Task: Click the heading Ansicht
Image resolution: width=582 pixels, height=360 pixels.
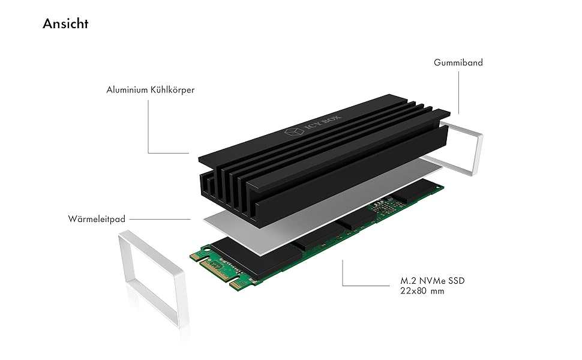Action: (65, 24)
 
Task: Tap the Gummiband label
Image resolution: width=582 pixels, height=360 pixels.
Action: (458, 62)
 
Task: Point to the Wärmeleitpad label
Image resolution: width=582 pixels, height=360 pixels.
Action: (97, 219)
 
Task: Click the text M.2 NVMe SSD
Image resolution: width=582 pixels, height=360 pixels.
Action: (432, 281)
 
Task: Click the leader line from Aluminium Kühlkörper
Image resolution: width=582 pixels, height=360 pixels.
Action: (148, 129)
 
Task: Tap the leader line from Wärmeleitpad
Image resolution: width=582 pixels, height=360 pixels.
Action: (159, 219)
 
